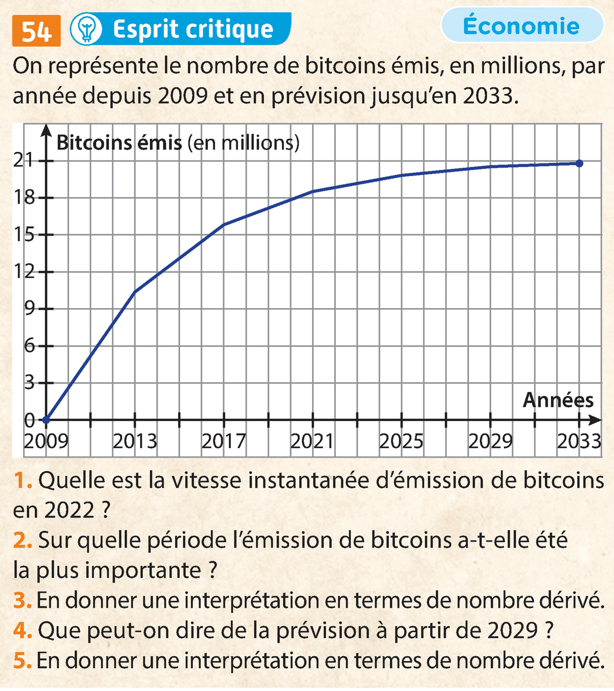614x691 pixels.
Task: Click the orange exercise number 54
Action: [36, 31]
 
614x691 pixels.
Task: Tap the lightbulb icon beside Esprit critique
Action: [86, 29]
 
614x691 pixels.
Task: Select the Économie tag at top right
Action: [521, 26]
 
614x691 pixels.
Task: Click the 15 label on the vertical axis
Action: [25, 235]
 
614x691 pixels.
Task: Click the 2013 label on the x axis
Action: [135, 441]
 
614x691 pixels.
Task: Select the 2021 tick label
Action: [312, 441]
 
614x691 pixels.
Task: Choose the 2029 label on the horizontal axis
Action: [490, 441]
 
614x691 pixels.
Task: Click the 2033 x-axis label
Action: [579, 441]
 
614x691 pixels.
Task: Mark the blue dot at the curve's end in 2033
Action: [579, 163]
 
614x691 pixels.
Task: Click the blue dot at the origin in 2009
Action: [46, 420]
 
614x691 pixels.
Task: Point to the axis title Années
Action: [558, 400]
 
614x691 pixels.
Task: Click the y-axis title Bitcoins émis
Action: [119, 142]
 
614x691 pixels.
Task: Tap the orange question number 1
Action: [23, 481]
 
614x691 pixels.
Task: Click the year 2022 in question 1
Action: [69, 510]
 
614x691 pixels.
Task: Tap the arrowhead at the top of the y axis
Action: [46, 130]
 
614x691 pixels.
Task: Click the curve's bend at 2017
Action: [224, 225]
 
